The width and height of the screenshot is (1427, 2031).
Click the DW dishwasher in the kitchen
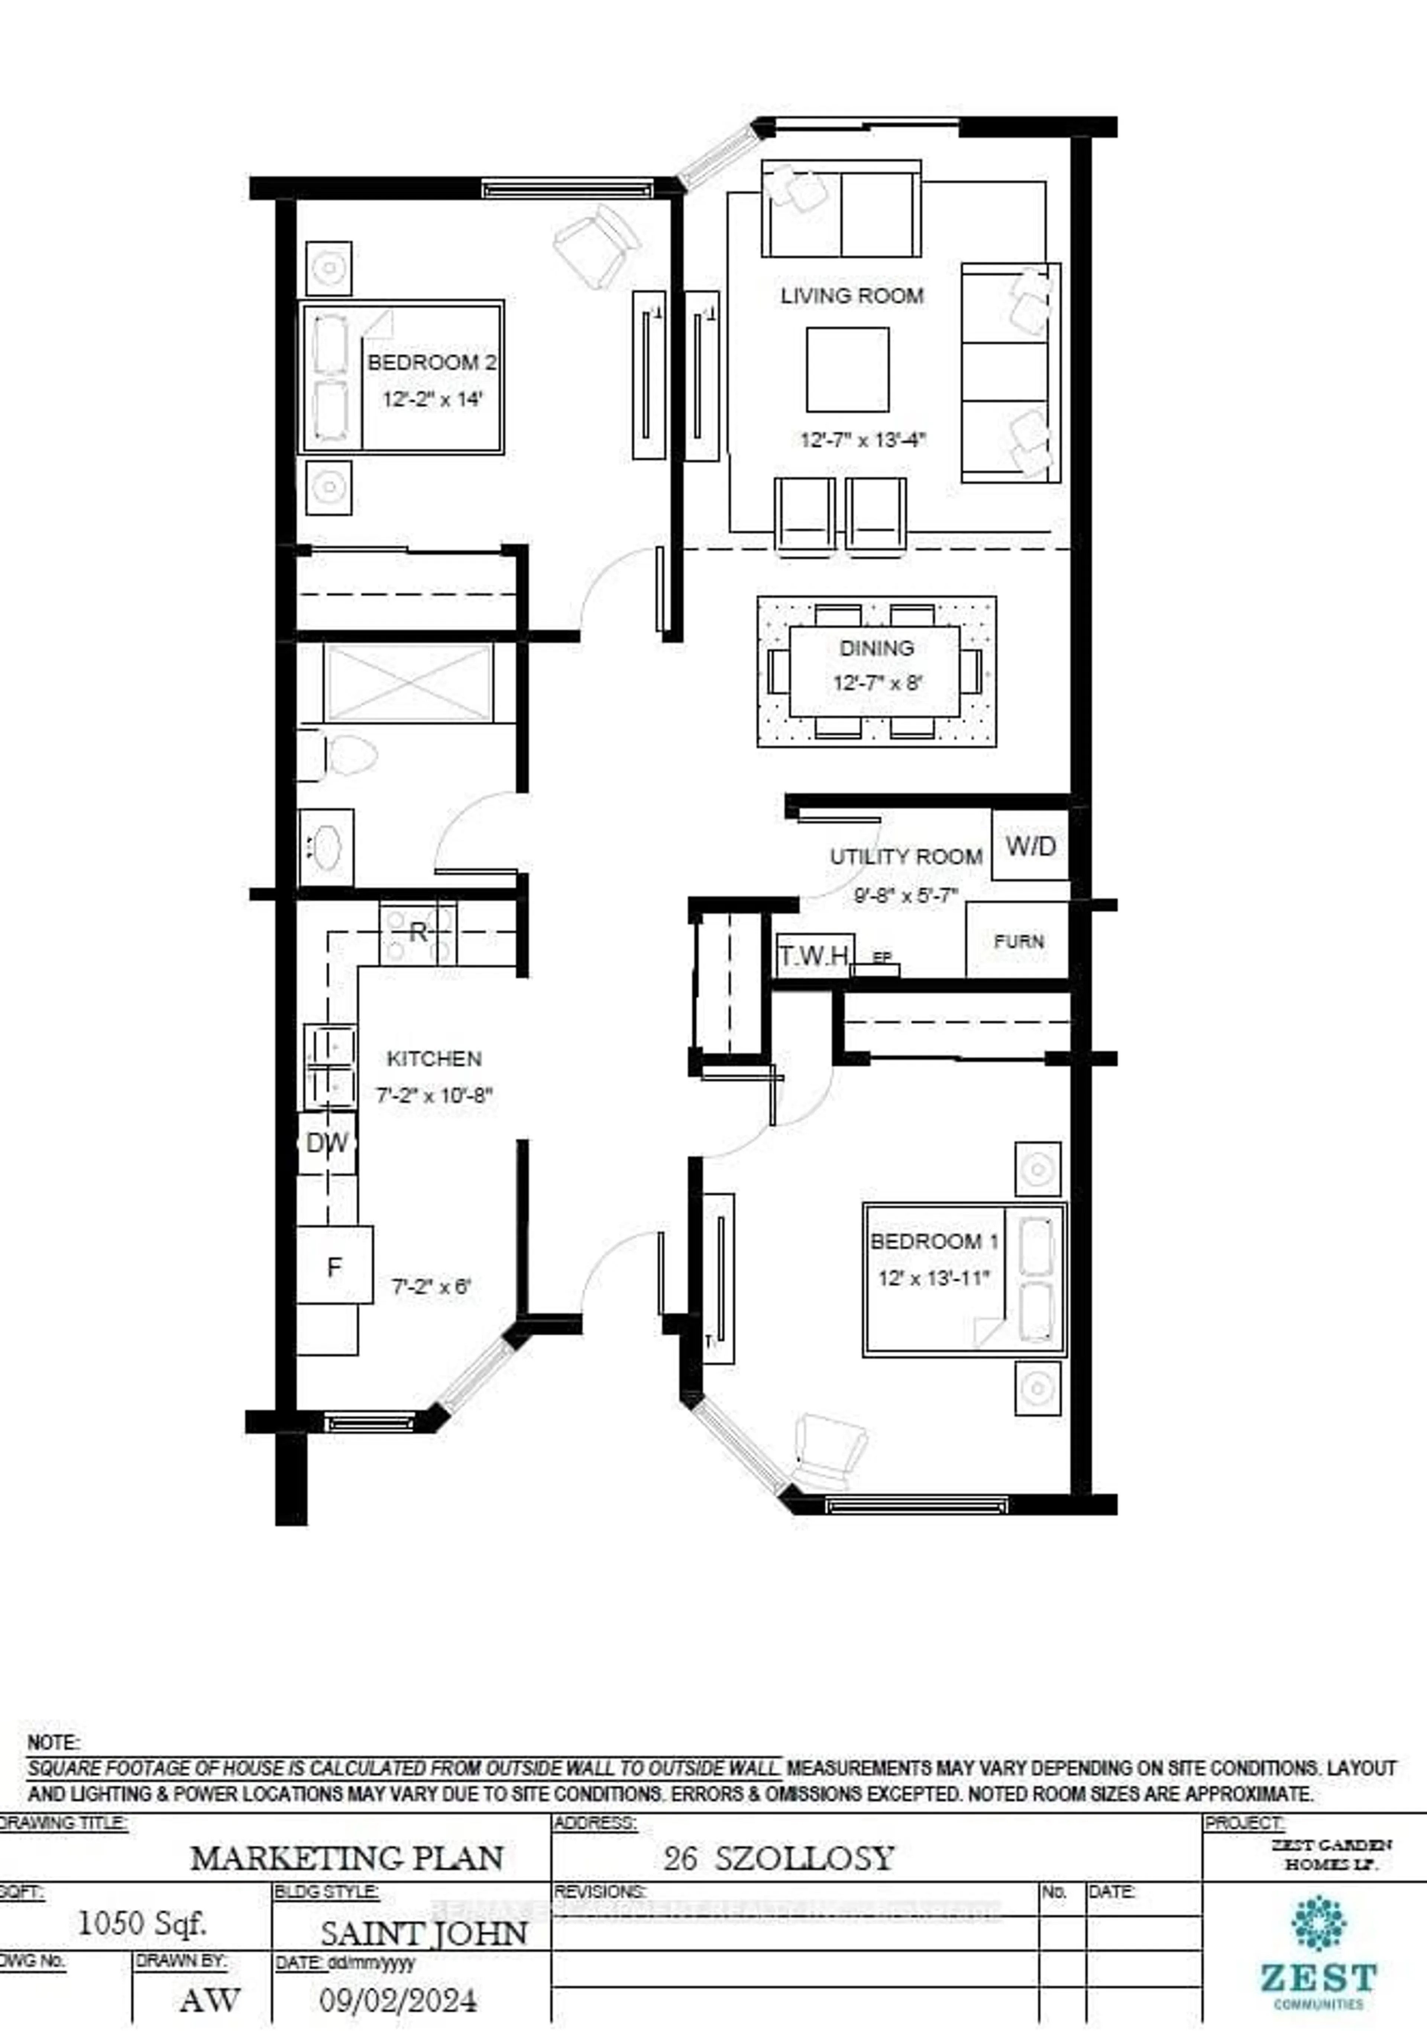(x=326, y=1143)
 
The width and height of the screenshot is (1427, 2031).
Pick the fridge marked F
(x=334, y=1267)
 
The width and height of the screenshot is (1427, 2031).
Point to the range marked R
(x=418, y=932)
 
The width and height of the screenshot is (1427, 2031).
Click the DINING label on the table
(x=876, y=649)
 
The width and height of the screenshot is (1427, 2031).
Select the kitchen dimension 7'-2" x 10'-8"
(x=434, y=1095)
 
